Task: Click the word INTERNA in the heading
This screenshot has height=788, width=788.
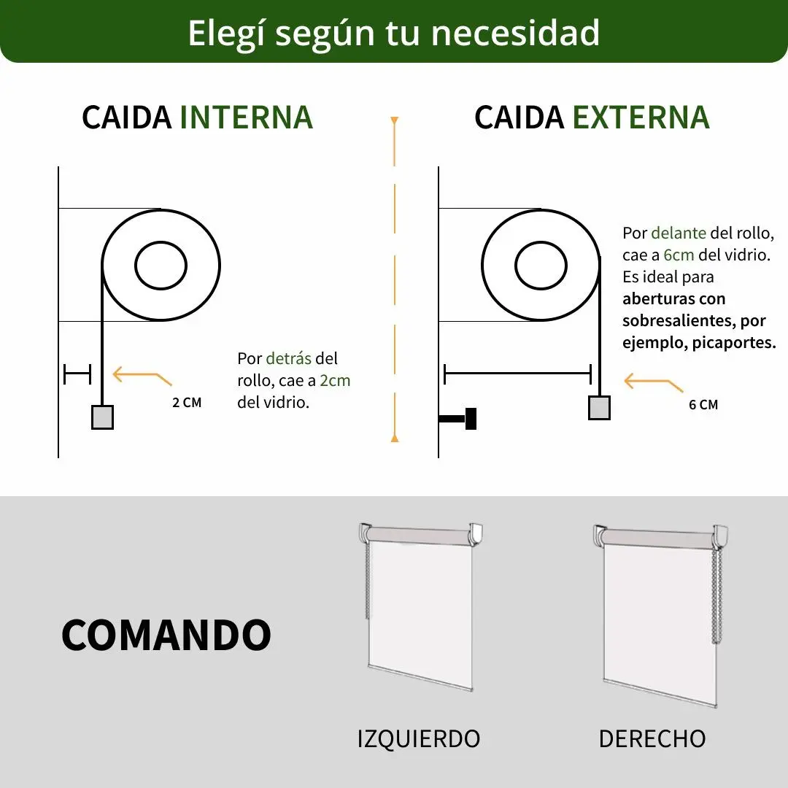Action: pyautogui.click(x=247, y=117)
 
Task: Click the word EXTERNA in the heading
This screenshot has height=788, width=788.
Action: pyautogui.click(x=641, y=117)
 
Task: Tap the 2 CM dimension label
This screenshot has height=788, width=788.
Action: pyautogui.click(x=187, y=403)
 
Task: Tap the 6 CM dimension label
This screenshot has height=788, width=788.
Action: pyautogui.click(x=703, y=404)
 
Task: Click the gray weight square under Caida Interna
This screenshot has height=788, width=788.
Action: pyautogui.click(x=102, y=417)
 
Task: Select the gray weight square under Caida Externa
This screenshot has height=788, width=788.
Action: pyautogui.click(x=599, y=408)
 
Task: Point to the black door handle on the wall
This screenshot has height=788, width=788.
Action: pyautogui.click(x=457, y=419)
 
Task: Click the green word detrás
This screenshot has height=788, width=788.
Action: pyautogui.click(x=288, y=358)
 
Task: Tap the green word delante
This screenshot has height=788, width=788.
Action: pyautogui.click(x=679, y=233)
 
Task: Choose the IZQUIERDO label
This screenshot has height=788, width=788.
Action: pyautogui.click(x=419, y=738)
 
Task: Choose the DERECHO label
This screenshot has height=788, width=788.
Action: pyautogui.click(x=652, y=738)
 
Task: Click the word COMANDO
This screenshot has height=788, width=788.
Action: pyautogui.click(x=166, y=635)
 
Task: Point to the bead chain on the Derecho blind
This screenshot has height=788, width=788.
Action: pyautogui.click(x=716, y=595)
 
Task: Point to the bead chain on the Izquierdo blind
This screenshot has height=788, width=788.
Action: pyautogui.click(x=367, y=581)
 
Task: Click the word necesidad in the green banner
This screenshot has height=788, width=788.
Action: pyautogui.click(x=516, y=33)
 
